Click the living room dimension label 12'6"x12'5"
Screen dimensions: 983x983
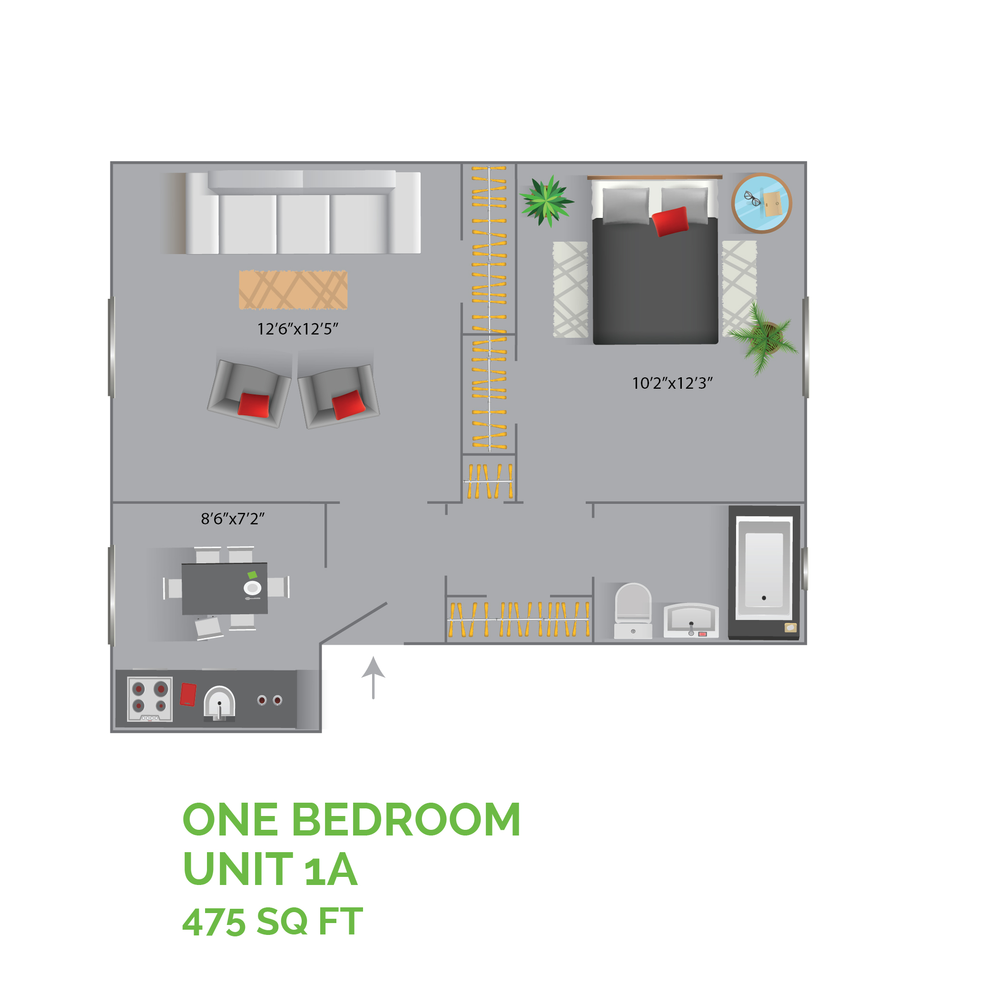298,329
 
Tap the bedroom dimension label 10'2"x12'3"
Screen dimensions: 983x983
672,383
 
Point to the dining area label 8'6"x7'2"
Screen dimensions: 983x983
233,519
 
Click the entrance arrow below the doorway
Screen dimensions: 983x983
374,677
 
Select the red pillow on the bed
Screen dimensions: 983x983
669,221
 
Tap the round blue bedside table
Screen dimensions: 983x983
762,203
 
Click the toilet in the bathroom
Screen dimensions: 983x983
633,610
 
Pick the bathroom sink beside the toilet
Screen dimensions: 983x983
691,620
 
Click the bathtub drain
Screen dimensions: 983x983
764,598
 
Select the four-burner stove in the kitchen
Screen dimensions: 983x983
149,699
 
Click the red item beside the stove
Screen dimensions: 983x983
188,695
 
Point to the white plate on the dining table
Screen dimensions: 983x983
252,588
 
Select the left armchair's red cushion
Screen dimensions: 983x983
254,405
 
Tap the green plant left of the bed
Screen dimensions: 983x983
546,201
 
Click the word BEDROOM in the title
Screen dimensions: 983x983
405,820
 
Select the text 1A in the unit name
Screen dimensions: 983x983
330,870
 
